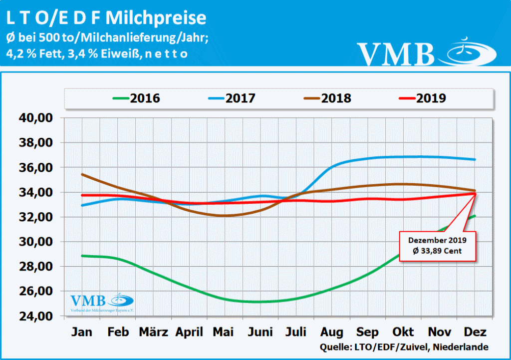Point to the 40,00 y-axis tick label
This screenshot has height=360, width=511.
coord(35,118)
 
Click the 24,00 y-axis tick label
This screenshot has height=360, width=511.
coord(35,316)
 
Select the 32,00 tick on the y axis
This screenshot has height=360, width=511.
coord(35,217)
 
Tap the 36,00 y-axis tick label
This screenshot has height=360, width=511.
coord(35,168)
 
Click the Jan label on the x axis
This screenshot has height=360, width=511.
coord(82,332)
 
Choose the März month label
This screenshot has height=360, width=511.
coord(153,332)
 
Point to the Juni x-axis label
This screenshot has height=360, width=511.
coord(260,332)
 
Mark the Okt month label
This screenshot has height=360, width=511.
coord(403,332)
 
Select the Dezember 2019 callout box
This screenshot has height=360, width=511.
coord(438,246)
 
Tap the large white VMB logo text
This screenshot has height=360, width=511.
coord(396,53)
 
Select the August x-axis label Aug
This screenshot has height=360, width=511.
coord(331,332)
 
